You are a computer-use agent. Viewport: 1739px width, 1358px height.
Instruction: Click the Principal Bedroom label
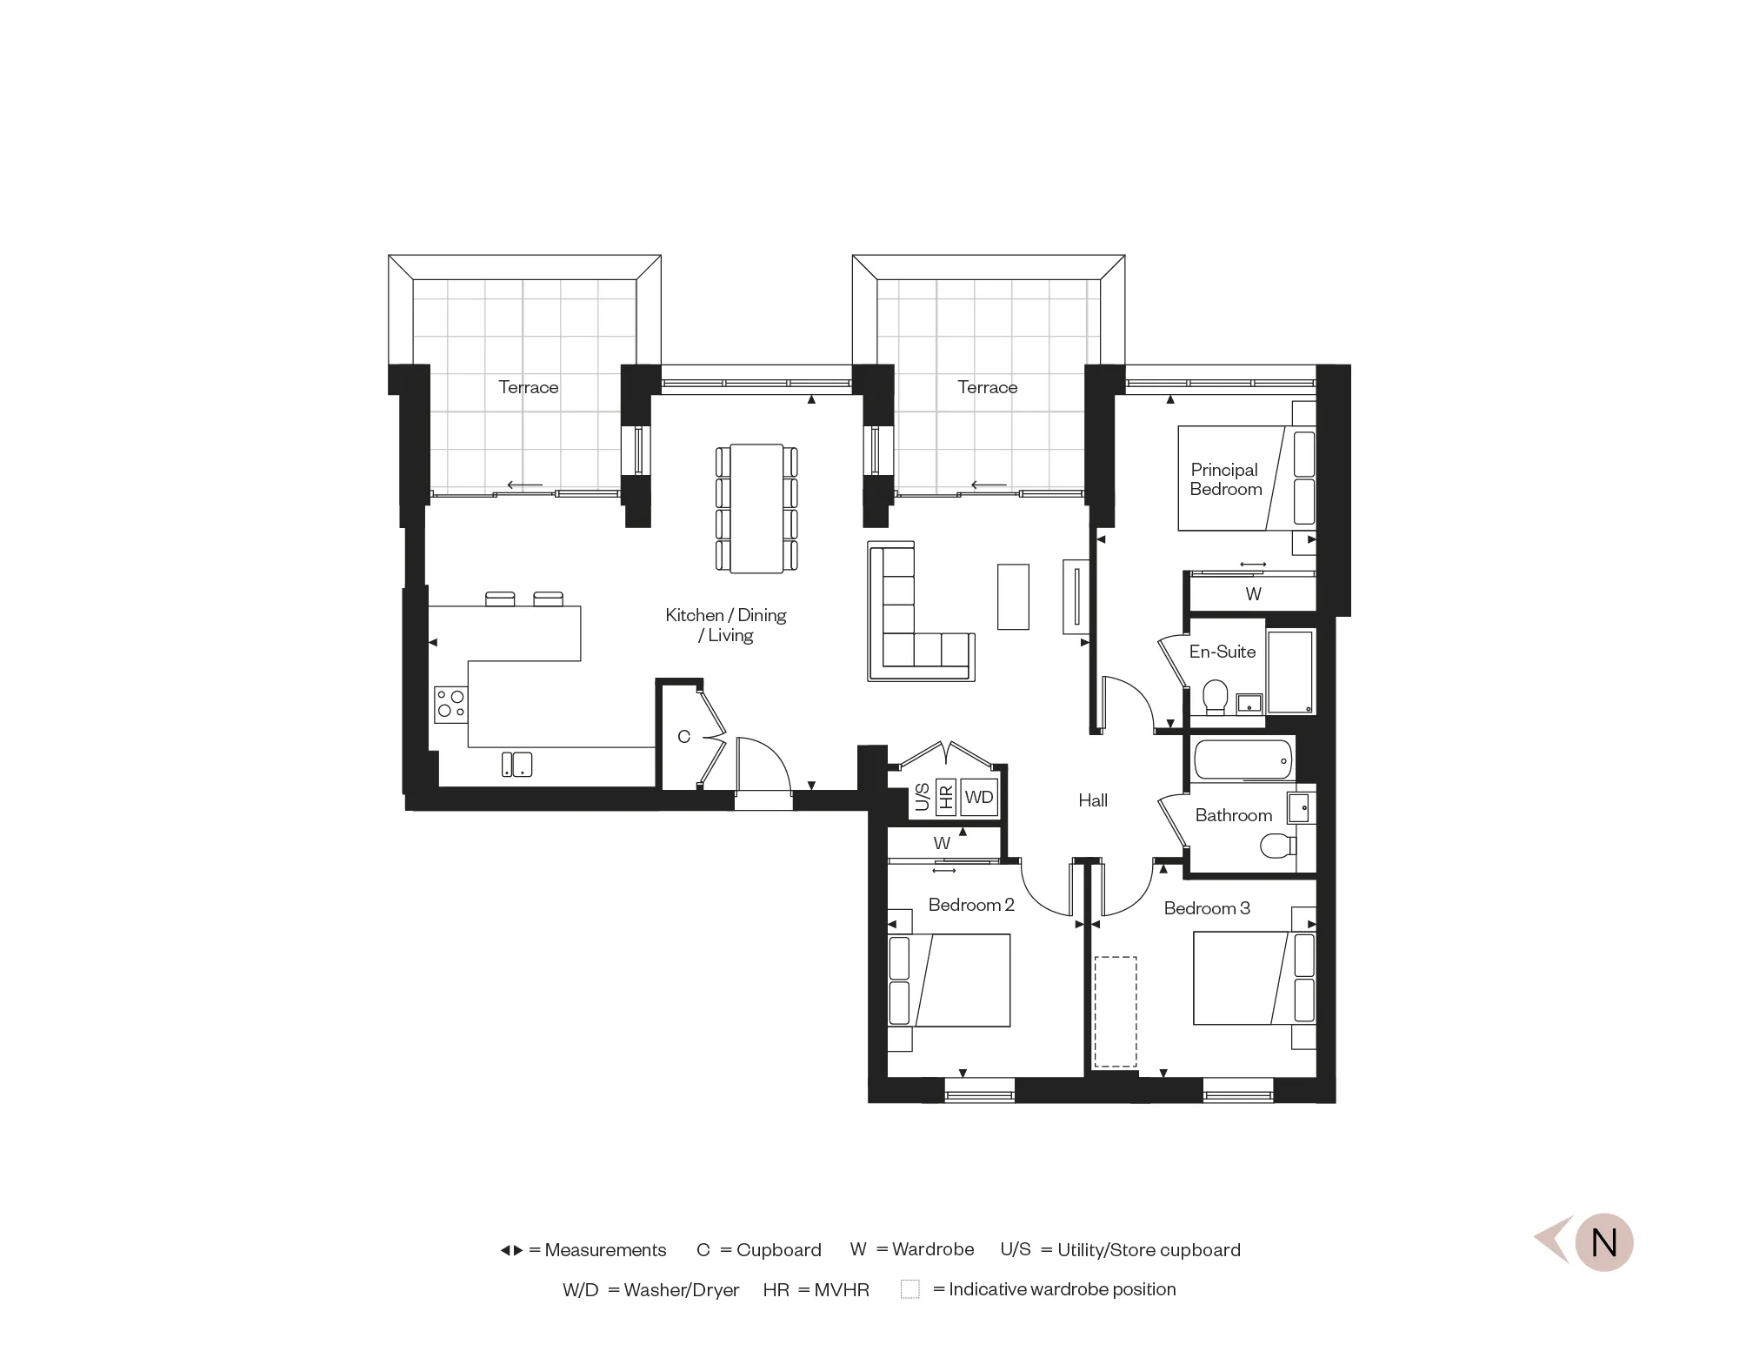click(1225, 479)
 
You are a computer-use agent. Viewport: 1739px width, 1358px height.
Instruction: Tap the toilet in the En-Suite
click(1215, 697)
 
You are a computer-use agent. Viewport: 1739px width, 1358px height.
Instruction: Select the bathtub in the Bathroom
click(1243, 759)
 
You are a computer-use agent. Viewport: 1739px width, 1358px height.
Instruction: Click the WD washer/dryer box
click(979, 797)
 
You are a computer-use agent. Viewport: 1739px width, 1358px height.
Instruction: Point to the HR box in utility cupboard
click(946, 797)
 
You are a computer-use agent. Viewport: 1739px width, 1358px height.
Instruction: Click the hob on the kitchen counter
click(450, 704)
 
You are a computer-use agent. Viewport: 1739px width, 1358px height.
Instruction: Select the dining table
click(756, 508)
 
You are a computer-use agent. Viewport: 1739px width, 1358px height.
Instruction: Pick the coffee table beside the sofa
click(1013, 596)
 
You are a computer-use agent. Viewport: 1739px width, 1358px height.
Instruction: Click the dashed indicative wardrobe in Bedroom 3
click(1116, 1011)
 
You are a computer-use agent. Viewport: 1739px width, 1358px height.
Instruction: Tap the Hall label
click(1093, 800)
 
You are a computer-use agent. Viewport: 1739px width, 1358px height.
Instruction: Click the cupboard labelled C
click(683, 737)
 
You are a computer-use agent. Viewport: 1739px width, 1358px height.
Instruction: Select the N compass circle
click(1603, 1242)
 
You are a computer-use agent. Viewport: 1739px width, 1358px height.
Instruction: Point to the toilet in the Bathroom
click(1276, 846)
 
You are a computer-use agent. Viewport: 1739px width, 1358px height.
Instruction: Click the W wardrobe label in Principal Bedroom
click(1253, 594)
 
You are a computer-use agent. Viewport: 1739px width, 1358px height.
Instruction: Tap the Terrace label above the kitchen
click(528, 387)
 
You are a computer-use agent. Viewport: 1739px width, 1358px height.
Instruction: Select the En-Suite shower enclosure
click(1290, 672)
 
